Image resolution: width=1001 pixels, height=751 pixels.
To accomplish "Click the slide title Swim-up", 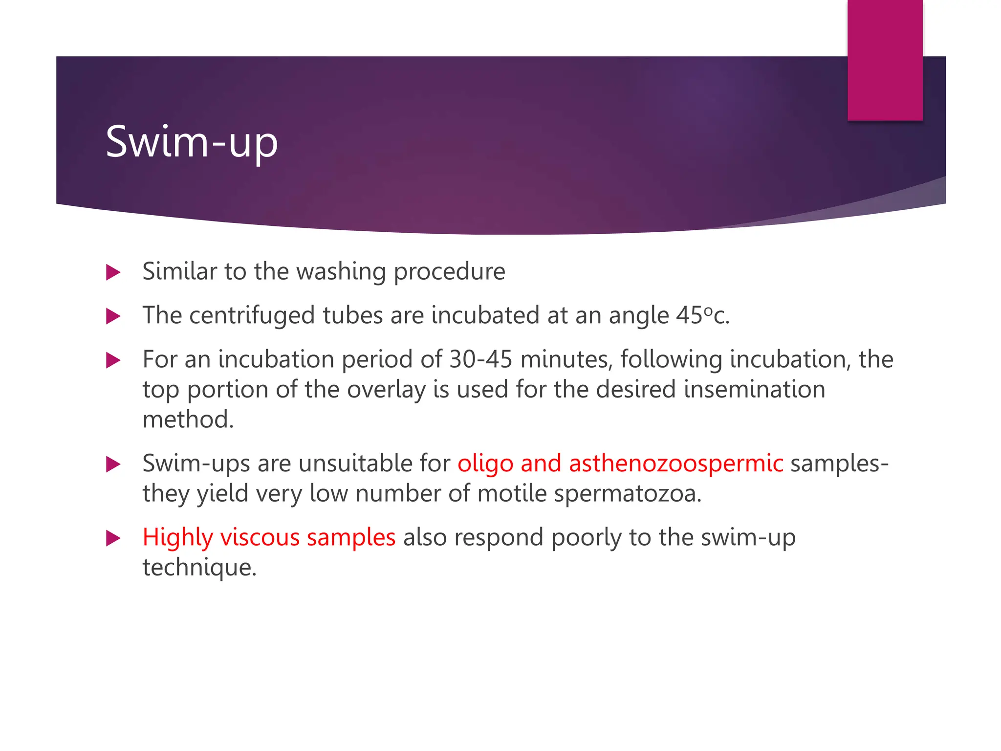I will coord(192,142).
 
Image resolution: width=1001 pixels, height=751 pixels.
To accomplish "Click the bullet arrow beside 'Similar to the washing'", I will coord(113,272).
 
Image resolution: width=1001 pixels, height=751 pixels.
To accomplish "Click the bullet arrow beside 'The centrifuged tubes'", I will coord(113,316).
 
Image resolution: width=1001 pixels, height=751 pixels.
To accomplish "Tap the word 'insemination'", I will coord(754,390).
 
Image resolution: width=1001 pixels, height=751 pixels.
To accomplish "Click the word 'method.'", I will coord(188,420).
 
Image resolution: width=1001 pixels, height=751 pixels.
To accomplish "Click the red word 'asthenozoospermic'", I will coord(676,464).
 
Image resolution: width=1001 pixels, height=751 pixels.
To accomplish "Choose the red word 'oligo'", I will coord(485,464).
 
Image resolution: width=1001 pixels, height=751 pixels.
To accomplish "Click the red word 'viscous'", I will coord(260,538).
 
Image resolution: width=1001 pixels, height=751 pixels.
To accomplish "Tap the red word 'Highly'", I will coord(177,538).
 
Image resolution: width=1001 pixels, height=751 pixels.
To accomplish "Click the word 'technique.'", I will coord(199,568).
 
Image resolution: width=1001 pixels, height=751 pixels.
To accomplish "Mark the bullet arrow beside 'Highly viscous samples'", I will coord(113,538).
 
